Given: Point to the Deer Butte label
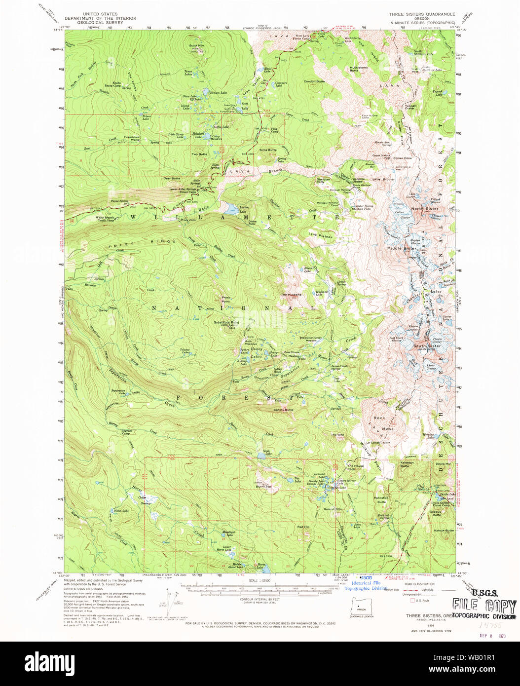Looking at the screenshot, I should [x=172, y=178].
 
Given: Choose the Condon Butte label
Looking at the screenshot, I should [x=314, y=81].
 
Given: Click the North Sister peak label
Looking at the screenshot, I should [x=424, y=209].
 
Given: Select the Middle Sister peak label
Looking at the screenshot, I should [x=401, y=248].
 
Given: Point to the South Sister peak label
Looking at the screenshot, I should [x=427, y=346].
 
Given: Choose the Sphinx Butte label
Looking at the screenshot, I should [x=283, y=410].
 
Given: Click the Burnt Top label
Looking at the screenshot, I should [x=263, y=487].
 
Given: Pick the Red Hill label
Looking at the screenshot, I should [x=303, y=527].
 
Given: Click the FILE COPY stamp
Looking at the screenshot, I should [x=484, y=606].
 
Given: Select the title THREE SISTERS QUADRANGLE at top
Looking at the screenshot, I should [x=421, y=14].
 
